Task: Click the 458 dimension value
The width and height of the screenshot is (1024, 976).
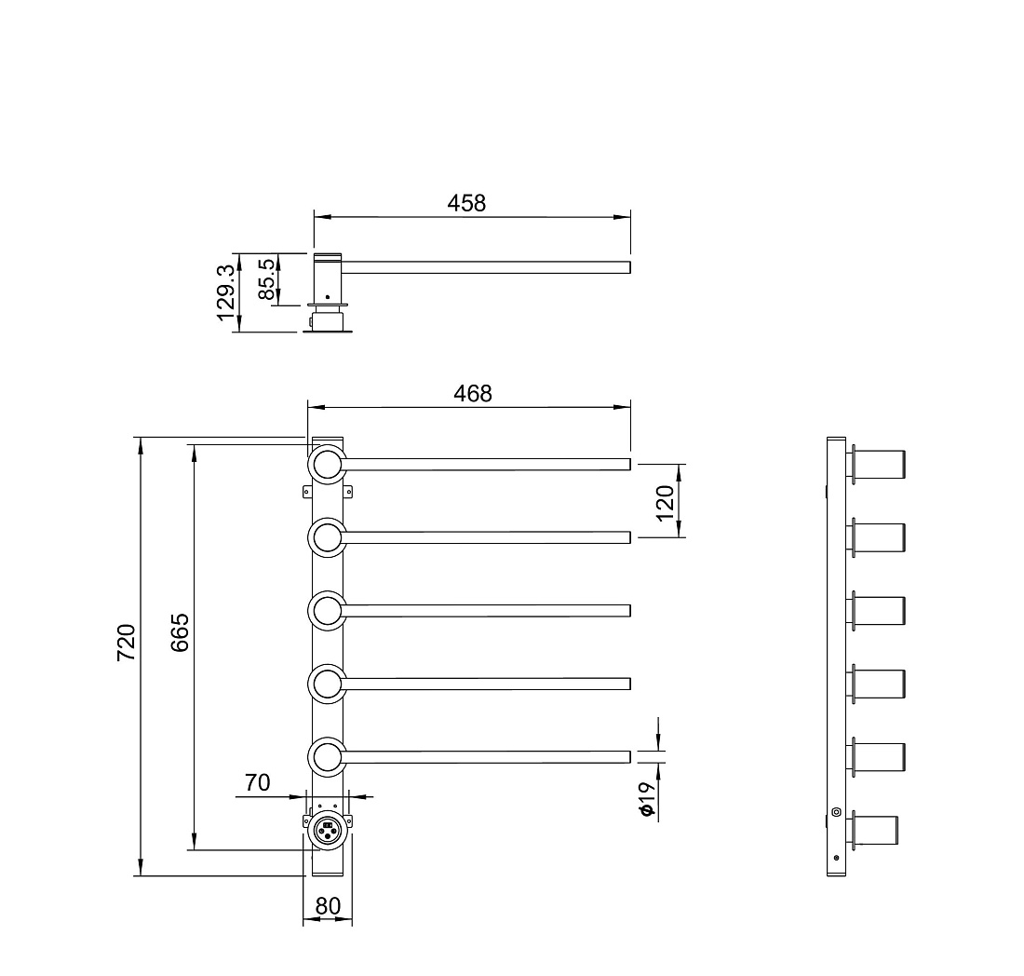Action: tap(466, 203)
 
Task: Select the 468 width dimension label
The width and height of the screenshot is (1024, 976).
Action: tap(473, 393)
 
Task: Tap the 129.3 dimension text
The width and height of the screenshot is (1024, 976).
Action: tap(225, 292)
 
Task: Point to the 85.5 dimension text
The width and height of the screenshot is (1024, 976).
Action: tap(266, 279)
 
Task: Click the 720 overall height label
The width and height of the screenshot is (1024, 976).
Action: tap(126, 643)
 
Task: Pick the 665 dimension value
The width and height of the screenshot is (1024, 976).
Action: tap(180, 632)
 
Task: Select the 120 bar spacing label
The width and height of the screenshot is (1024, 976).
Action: tap(664, 503)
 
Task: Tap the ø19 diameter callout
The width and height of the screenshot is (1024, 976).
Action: tap(646, 799)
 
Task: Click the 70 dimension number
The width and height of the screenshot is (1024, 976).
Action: tap(257, 782)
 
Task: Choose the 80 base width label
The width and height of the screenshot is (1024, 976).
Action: tap(328, 906)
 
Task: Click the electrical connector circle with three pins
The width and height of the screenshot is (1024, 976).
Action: tap(327, 831)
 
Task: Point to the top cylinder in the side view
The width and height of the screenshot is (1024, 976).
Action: tap(879, 465)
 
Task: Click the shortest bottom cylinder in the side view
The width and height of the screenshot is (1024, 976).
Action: tap(874, 831)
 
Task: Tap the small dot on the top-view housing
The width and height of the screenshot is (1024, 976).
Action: tap(327, 297)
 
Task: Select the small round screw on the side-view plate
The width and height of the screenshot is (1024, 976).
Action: tap(837, 812)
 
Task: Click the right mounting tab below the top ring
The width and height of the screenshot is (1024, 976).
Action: tap(349, 492)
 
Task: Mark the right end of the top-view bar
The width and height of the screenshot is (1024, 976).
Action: tap(630, 267)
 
